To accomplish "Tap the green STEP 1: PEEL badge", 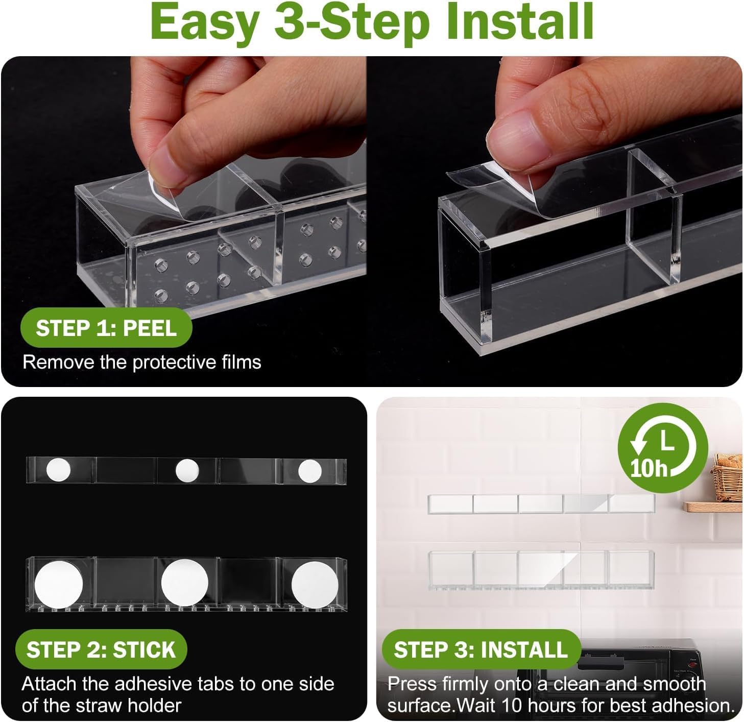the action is click(106, 328).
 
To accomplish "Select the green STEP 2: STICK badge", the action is click(101, 649).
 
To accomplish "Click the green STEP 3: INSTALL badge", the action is click(481, 649).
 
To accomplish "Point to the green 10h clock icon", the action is click(663, 448).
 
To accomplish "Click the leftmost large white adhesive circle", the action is click(59, 585).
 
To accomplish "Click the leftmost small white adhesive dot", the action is click(59, 470).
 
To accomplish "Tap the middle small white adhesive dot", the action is click(187, 470).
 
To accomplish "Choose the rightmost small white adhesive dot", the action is click(309, 471).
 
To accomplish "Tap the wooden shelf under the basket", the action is click(713, 507).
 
